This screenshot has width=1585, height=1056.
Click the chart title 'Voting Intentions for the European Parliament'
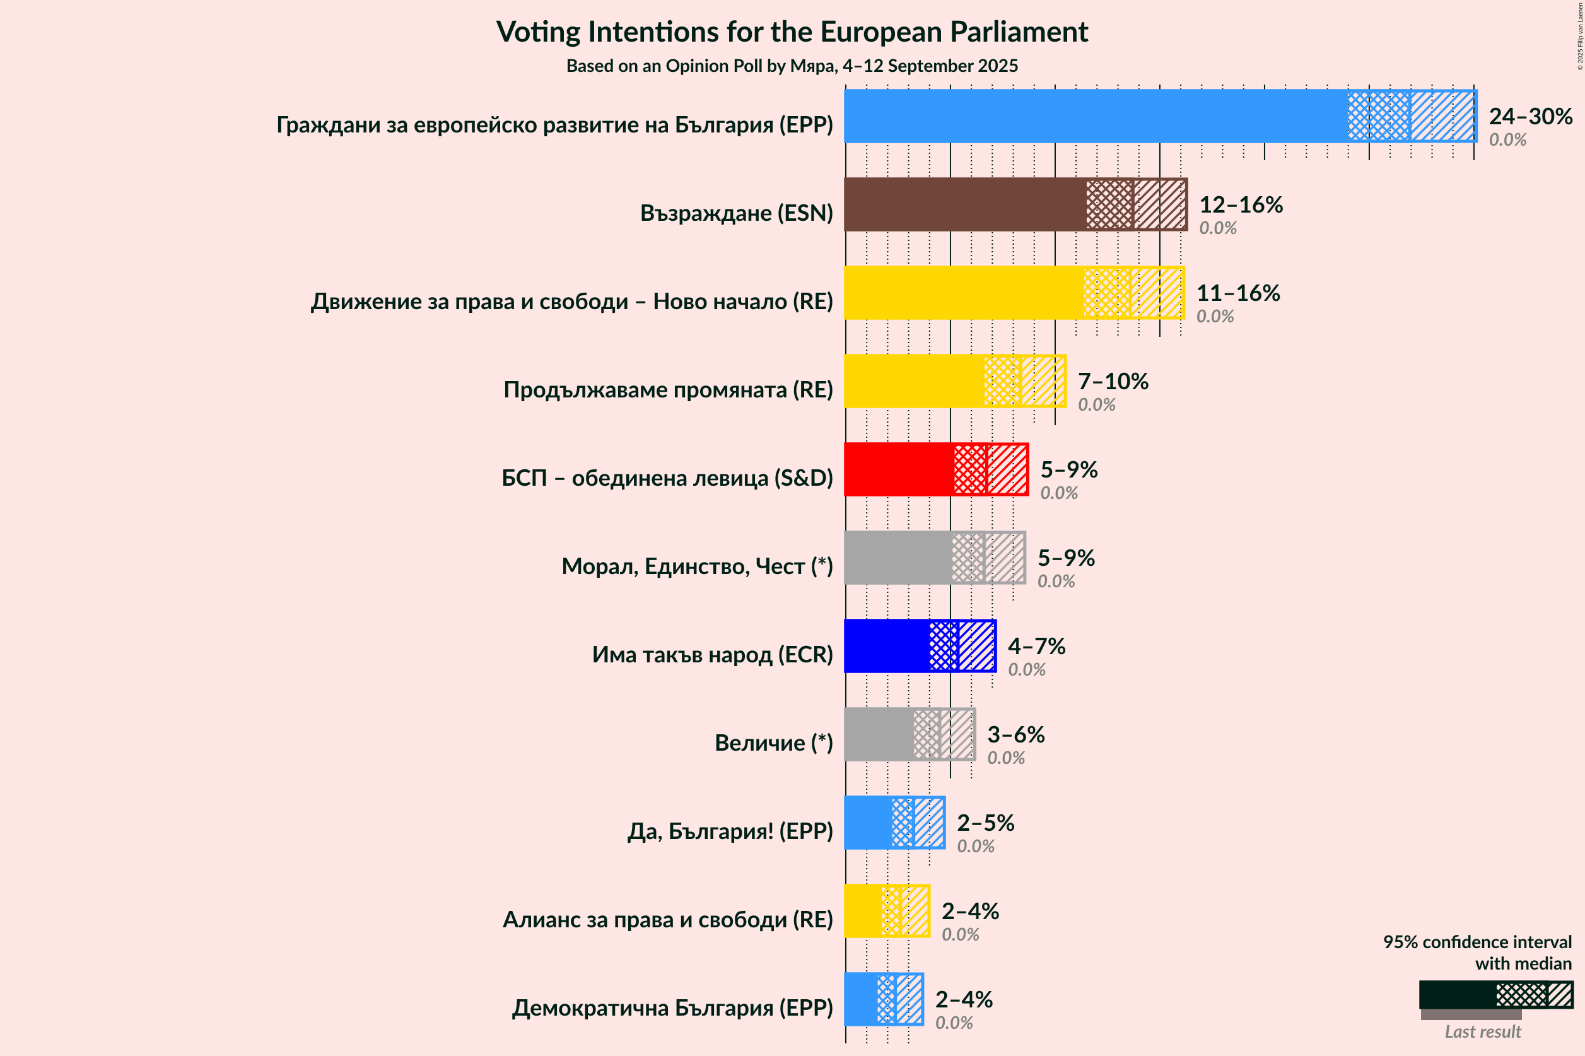click(x=792, y=32)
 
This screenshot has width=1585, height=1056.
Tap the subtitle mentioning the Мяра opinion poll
click(x=792, y=66)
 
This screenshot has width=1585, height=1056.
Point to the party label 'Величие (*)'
click(x=774, y=743)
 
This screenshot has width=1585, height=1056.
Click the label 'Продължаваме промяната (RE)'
click(x=668, y=390)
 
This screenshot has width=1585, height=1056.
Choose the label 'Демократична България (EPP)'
click(x=672, y=1008)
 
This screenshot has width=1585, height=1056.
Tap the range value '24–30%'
click(x=1531, y=117)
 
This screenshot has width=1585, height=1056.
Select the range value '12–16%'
click(x=1241, y=205)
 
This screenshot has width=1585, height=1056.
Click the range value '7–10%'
click(x=1113, y=382)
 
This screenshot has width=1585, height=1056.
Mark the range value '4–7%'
click(x=1036, y=647)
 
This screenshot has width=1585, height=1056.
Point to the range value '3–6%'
click(x=1015, y=735)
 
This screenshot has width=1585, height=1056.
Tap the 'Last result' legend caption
click(x=1483, y=1032)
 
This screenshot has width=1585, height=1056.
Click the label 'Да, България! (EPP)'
click(x=730, y=831)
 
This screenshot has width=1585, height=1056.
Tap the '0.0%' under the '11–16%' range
click(x=1215, y=317)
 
